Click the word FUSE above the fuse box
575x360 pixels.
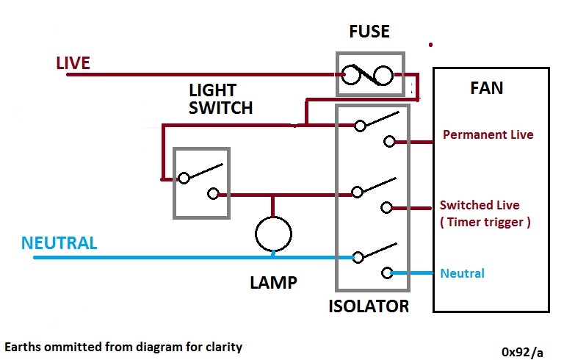pos(370,32)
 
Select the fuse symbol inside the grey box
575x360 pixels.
pos(370,73)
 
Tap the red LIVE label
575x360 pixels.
pos(73,63)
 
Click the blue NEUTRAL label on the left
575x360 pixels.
pos(59,243)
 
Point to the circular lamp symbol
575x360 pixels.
pos(273,234)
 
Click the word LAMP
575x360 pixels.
pos(272,283)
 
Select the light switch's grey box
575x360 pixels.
pos(201,183)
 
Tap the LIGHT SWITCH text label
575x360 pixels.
pos(220,99)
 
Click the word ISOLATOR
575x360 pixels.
pos(369,306)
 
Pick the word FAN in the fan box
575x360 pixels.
pos(486,88)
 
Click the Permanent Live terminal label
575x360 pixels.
pos(488,135)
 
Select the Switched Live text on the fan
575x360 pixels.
pos(479,205)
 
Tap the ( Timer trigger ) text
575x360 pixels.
pos(484,222)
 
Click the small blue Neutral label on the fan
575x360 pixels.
pos(463,273)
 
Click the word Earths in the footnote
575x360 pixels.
pos(24,345)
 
